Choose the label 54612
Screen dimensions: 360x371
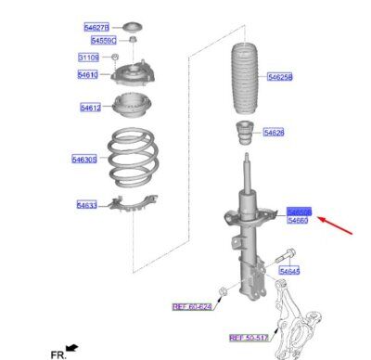[91, 108]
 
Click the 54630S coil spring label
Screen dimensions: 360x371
[84, 161]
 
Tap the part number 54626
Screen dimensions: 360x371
[274, 133]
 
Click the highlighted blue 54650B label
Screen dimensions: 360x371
[300, 211]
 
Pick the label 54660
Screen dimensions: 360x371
[299, 221]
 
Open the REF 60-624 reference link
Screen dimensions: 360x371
[192, 305]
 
